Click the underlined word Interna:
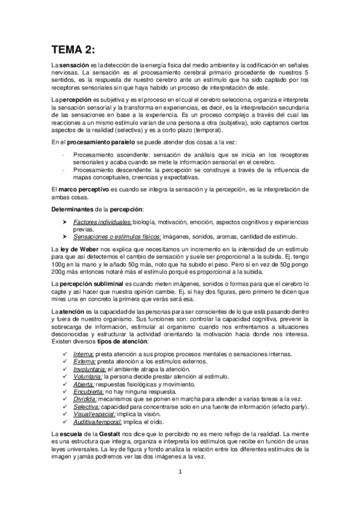tap(83, 354)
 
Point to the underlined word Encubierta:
tap(88, 390)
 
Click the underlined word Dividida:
tap(85, 398)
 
